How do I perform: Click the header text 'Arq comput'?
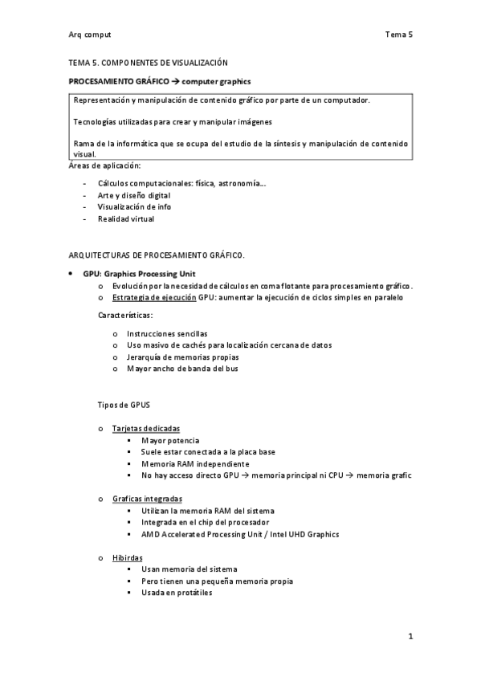tap(90, 35)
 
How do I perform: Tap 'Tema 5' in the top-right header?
tap(398, 35)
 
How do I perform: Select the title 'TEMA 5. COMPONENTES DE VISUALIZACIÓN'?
tap(148, 62)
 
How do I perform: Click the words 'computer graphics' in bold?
tap(217, 81)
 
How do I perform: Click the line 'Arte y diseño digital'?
tap(134, 195)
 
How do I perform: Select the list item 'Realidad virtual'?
tap(126, 218)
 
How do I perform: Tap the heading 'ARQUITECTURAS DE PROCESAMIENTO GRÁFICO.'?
tap(157, 255)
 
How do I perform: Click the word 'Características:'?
tap(125, 315)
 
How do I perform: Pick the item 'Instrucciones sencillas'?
tap(167, 333)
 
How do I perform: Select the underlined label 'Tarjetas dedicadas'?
tap(146, 429)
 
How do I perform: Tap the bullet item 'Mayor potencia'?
tap(170, 441)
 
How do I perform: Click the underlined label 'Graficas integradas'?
tap(147, 499)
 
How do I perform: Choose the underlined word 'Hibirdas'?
tap(128, 557)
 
